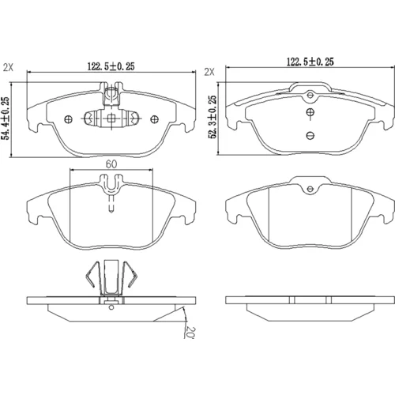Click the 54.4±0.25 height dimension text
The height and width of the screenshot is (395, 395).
[6, 118]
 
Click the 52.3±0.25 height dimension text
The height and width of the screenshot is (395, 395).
[213, 117]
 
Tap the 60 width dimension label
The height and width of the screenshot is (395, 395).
[111, 164]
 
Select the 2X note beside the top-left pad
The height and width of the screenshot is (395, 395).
[8, 68]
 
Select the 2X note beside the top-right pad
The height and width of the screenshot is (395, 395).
[209, 72]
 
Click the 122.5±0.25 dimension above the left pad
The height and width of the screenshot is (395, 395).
[111, 66]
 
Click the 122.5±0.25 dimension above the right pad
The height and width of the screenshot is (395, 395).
[310, 62]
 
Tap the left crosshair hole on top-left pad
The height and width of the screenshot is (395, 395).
[68, 119]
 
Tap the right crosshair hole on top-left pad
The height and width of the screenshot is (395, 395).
[154, 119]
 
